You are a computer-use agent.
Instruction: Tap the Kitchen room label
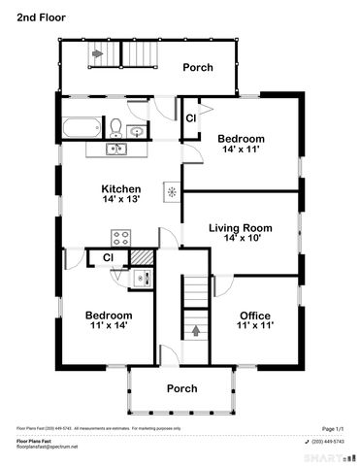pos(122,188)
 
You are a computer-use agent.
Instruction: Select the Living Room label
pos(240,228)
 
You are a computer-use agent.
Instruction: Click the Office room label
pos(254,316)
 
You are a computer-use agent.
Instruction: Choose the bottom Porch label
pos(181,388)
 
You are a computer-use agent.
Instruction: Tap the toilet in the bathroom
pos(115,128)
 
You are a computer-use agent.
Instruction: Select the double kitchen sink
pos(115,150)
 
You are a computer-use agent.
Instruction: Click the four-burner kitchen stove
pos(122,236)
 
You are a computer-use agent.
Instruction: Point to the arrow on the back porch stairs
pos(97,54)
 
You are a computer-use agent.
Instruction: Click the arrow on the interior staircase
pos(198,330)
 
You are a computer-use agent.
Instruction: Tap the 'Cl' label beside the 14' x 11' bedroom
pos(191,117)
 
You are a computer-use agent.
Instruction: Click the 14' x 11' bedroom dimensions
pos(241,151)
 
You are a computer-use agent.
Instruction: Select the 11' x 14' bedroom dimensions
pos(108,328)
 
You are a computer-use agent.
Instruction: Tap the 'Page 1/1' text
pos(333,427)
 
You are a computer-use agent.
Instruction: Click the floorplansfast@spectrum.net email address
pos(47,447)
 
